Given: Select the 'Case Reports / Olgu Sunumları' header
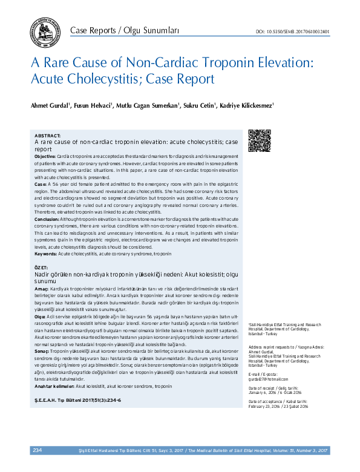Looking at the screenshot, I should click(125, 30).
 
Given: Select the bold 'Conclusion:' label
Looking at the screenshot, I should click(47, 218).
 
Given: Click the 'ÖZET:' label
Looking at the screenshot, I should click(42, 267).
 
